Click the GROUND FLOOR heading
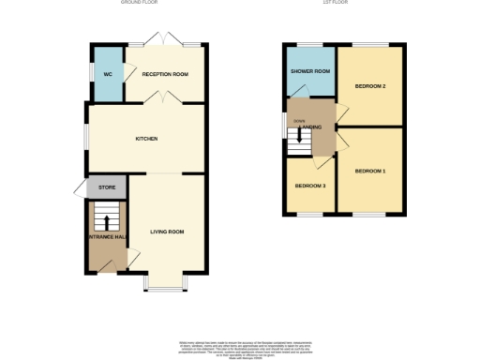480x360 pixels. pyautogui.click(x=139, y=3)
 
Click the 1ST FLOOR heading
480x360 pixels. pyautogui.click(x=342, y=3)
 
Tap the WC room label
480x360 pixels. pyautogui.click(x=108, y=73)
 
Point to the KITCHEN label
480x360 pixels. pyautogui.click(x=145, y=139)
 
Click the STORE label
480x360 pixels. pyautogui.click(x=106, y=187)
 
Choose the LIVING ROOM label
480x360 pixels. pyautogui.click(x=167, y=229)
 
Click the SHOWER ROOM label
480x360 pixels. pyautogui.click(x=310, y=71)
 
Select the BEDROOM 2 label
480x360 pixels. pyautogui.click(x=370, y=86)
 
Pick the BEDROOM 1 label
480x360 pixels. pyautogui.click(x=370, y=171)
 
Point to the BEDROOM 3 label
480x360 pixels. pyautogui.click(x=310, y=186)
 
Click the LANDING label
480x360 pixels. pyautogui.click(x=313, y=127)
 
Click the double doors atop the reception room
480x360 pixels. pyautogui.click(x=167, y=41)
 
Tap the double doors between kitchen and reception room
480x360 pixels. pyautogui.click(x=165, y=97)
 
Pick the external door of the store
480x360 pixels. pyautogui.click(x=79, y=188)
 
